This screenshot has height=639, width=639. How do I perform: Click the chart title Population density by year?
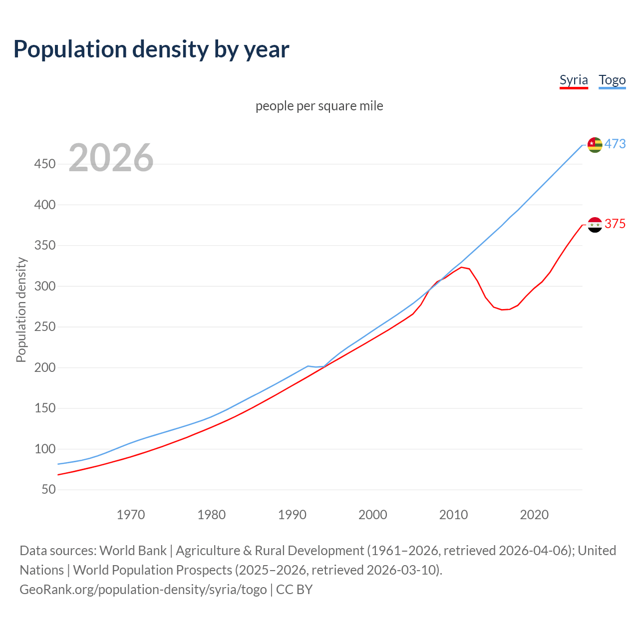[x=151, y=49]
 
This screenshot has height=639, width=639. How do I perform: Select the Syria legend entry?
[x=574, y=80]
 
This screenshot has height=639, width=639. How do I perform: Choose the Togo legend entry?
[x=612, y=80]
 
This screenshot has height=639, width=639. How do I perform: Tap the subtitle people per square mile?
[x=319, y=106]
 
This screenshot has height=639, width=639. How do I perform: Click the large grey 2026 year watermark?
[x=111, y=158]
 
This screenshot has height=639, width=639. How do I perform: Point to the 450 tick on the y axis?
[x=45, y=164]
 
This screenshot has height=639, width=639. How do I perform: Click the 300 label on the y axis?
[x=45, y=286]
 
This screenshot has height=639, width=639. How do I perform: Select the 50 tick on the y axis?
[x=48, y=489]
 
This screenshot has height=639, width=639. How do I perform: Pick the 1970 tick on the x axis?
[x=131, y=515]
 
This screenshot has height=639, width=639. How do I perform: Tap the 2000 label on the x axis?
[x=372, y=515]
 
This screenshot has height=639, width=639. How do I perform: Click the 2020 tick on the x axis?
[x=534, y=515]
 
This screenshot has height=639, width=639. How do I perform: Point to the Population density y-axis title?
[x=21, y=310]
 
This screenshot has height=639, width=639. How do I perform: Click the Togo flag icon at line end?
[x=595, y=145]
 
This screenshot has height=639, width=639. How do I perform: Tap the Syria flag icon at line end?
[x=595, y=225]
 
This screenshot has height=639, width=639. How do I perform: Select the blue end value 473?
[x=615, y=144]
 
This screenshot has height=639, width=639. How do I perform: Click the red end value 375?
[x=615, y=224]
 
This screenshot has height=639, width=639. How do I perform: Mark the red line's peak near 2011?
[x=461, y=268]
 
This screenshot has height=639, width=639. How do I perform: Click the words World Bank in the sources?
[x=133, y=551]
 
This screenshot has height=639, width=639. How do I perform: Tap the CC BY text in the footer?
[x=294, y=590]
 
